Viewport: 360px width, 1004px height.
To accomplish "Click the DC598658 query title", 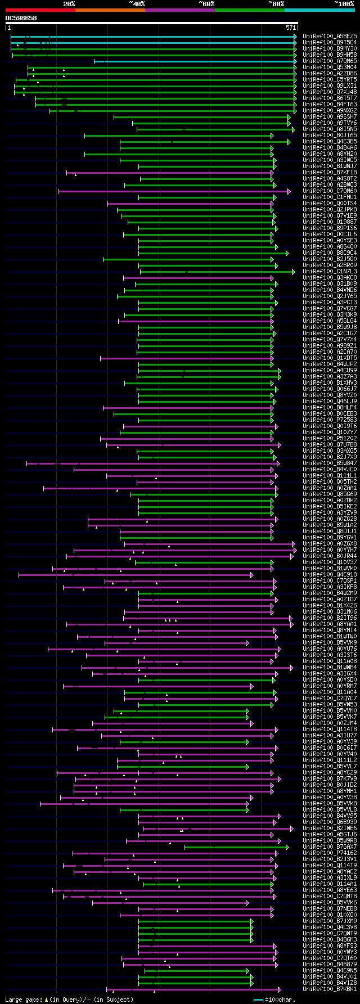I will click(21, 18).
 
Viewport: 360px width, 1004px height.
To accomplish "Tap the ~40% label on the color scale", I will click(137, 4).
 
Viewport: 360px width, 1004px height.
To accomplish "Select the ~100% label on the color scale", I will click(344, 4).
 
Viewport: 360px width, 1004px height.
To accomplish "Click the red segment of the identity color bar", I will click(39, 10).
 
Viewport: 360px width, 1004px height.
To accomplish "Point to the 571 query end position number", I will click(291, 27).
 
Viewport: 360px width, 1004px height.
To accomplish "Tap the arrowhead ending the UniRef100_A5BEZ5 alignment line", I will click(295, 37).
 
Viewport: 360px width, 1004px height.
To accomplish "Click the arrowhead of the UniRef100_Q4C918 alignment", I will click(252, 574).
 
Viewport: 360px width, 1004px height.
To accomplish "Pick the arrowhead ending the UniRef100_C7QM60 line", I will click(289, 191).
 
